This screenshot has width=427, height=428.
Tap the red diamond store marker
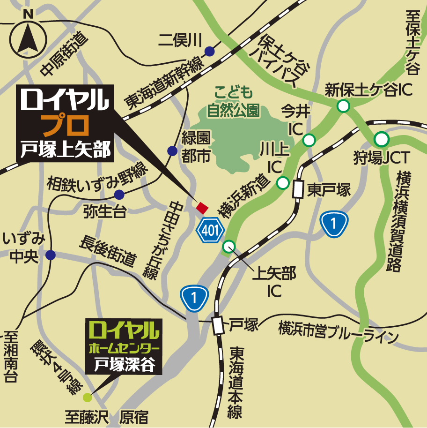click(x=202, y=207)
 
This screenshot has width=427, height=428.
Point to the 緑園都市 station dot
click(x=172, y=151)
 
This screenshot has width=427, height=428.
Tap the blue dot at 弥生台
click(x=119, y=195)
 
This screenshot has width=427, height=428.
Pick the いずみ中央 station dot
click(x=51, y=255)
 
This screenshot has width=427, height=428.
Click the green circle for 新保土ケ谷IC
click(x=344, y=106)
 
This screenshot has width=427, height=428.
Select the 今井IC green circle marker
click(x=309, y=139)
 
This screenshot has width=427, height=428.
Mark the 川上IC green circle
click(x=283, y=183)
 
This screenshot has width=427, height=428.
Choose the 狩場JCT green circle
click(x=382, y=139)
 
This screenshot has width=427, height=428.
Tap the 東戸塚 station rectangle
click(x=297, y=189)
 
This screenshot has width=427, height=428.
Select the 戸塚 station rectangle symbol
click(x=218, y=325)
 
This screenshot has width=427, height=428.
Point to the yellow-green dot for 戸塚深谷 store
click(x=88, y=398)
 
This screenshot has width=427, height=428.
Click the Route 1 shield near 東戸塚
click(x=334, y=224)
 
